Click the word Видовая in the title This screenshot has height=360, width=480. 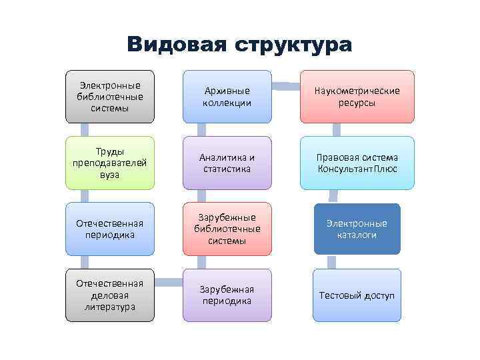(175, 45)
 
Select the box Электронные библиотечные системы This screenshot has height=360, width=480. (110, 97)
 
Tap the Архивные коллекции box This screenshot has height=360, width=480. (227, 97)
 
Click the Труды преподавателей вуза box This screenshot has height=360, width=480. (110, 163)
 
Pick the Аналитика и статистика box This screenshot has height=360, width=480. (227, 163)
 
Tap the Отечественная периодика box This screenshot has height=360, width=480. (110, 229)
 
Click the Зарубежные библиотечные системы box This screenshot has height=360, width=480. (227, 229)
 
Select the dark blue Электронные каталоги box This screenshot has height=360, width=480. (357, 229)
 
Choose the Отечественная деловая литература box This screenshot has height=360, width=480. (110, 295)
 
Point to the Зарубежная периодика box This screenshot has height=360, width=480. (227, 295)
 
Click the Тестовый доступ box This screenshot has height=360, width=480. (357, 295)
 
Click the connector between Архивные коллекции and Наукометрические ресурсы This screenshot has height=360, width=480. (286, 85)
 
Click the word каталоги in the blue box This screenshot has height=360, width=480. (357, 235)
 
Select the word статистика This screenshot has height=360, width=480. (227, 169)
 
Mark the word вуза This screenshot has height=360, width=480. (110, 175)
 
